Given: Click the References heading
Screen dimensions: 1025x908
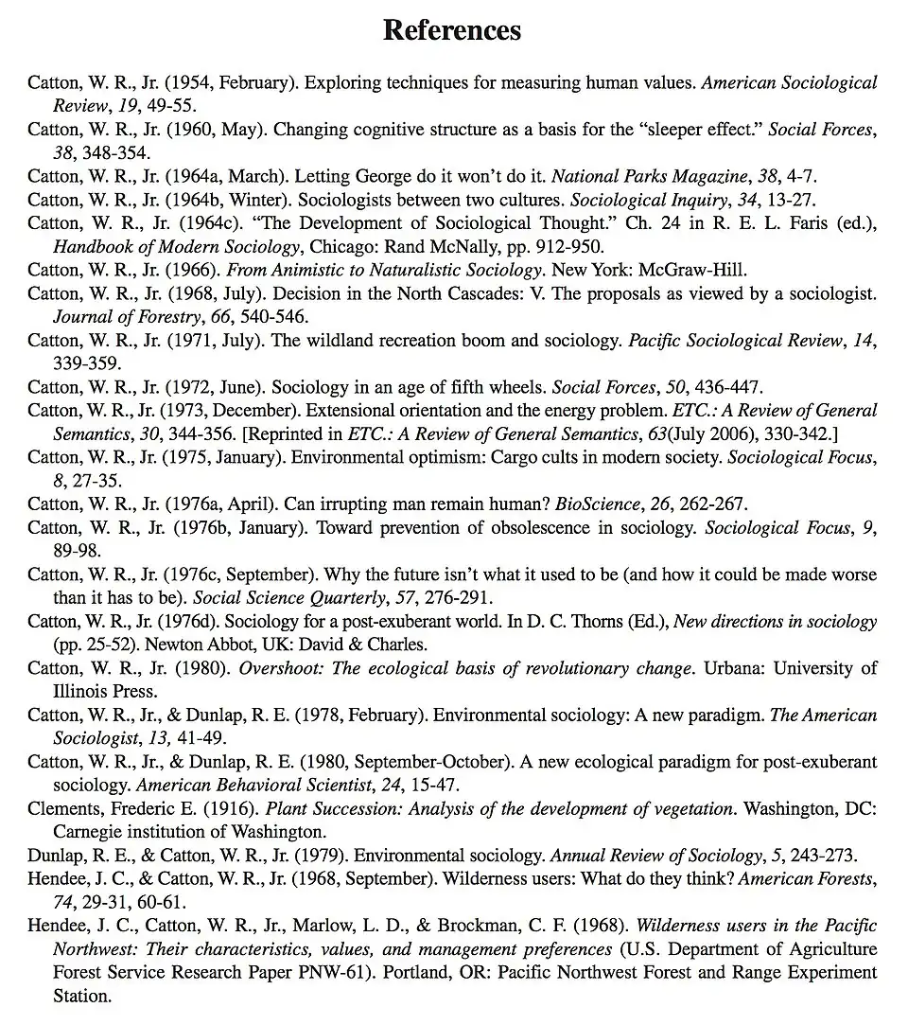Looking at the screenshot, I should (452, 30).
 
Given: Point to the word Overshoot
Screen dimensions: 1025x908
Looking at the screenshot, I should (279, 668).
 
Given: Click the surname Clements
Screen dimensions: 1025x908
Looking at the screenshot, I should (62, 809).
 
